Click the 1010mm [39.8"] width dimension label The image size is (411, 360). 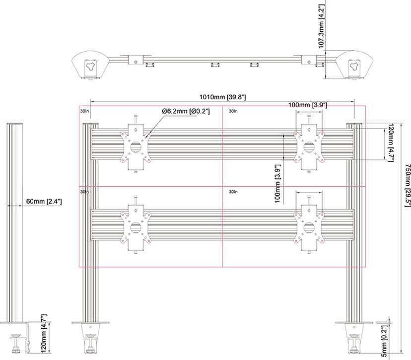click(222, 97)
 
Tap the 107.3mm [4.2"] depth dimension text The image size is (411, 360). click(322, 26)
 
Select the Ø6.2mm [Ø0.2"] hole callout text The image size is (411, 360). click(186, 111)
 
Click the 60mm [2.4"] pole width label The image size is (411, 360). click(44, 202)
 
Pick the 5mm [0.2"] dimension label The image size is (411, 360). click(384, 341)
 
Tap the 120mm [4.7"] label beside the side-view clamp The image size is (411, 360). click(44, 334)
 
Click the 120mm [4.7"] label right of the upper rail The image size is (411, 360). click(391, 143)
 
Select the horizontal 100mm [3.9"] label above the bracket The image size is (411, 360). click(308, 105)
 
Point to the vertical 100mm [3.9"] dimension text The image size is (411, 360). click(277, 184)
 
